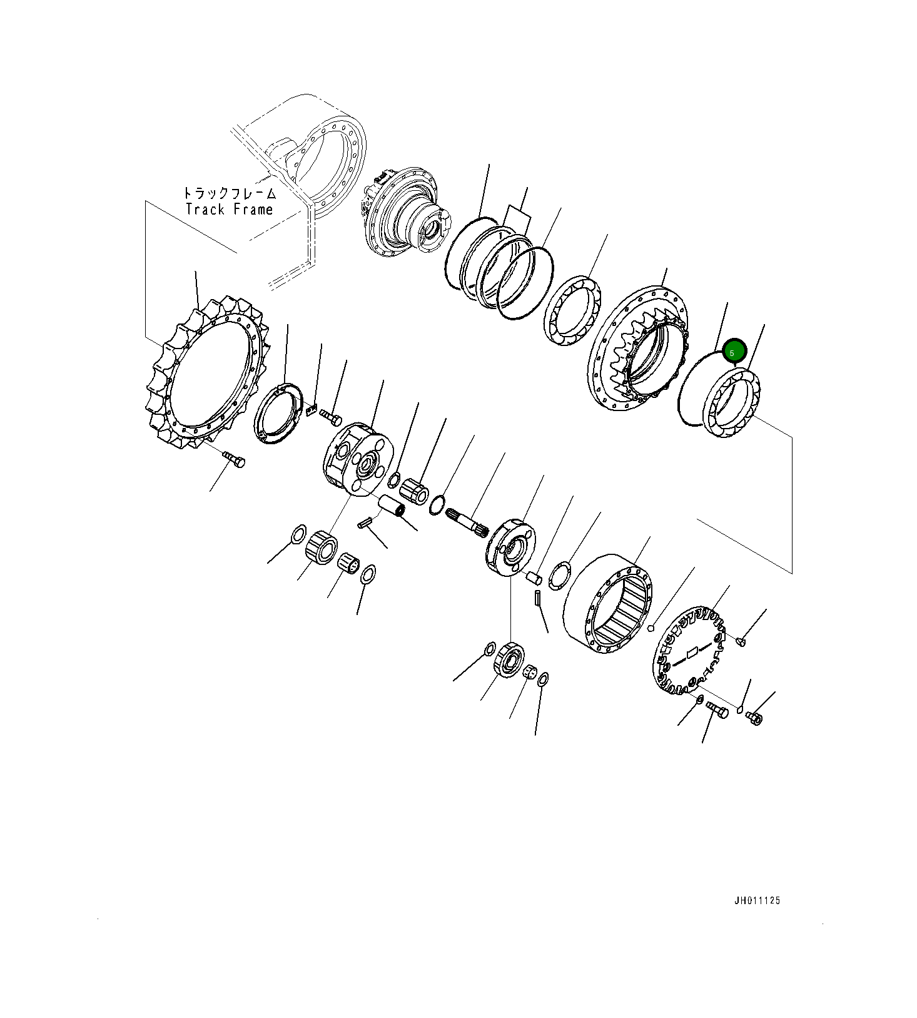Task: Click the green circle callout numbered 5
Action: pyautogui.click(x=733, y=352)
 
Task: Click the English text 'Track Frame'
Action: pyautogui.click(x=229, y=210)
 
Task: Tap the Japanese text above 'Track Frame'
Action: pyautogui.click(x=229, y=193)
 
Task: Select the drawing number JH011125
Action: pyautogui.click(x=757, y=901)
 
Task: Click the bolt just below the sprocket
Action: pyautogui.click(x=235, y=459)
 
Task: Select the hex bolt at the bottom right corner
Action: pyautogui.click(x=754, y=718)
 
